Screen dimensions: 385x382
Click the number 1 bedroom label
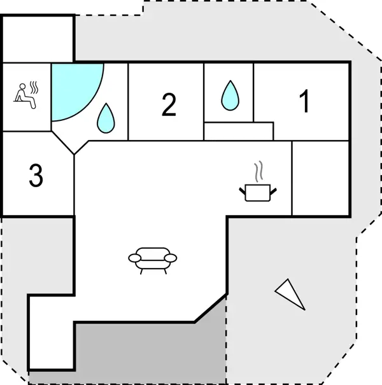304,101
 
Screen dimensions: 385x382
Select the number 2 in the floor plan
169,104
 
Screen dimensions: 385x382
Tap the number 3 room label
36,176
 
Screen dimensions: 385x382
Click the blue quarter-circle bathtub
71,87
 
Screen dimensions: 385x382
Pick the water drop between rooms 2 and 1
229,95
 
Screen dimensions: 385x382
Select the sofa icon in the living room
153,258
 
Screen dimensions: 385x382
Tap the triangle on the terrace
290,293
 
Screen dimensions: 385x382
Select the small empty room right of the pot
320,178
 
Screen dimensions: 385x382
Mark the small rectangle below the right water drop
238,131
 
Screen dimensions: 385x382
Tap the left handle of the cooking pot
243,188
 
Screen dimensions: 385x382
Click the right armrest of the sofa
171,258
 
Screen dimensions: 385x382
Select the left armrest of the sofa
134,258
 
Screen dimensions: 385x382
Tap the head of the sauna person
22,85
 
